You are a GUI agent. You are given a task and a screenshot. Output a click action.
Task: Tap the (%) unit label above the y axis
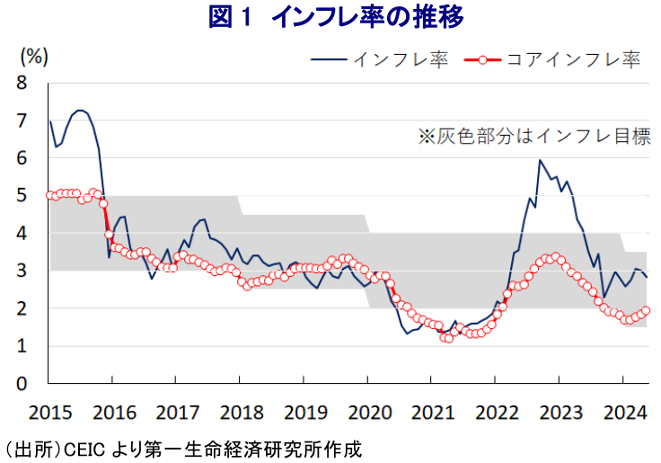coord(32,57)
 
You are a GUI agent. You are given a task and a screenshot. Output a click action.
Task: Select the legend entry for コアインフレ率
coord(555,60)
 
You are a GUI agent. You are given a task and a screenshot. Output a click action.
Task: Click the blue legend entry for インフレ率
coord(378,60)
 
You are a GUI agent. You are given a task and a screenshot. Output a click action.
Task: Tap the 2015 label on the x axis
coord(49,414)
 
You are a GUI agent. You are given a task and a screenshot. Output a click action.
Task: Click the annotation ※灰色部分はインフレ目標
coord(533,137)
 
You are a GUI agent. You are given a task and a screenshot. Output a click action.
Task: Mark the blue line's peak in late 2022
coord(539,161)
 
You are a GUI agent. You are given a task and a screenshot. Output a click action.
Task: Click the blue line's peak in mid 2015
coord(81,111)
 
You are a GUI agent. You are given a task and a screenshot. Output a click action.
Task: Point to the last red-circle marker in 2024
coord(647,311)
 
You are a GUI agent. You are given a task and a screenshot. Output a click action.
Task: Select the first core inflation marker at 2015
coord(50,195)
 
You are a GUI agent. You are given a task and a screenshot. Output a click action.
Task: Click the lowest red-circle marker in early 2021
coord(447,338)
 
